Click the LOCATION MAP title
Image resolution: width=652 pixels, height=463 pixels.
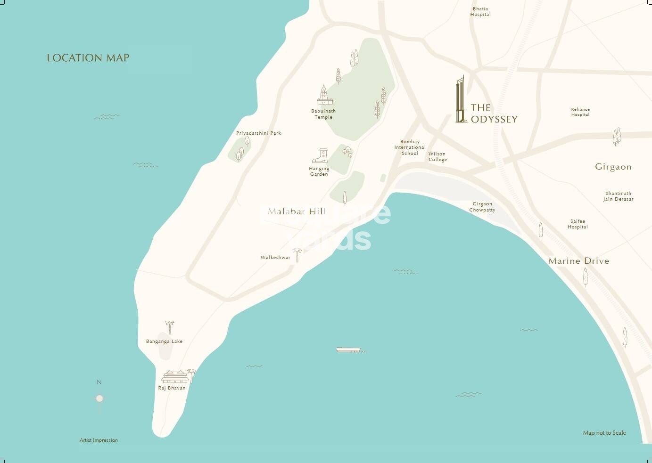88,58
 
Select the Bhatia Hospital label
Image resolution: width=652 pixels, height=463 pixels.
480,12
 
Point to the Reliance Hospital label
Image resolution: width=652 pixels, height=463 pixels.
580,112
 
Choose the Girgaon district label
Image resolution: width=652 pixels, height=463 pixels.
613,167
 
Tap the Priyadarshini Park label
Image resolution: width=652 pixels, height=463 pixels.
258,133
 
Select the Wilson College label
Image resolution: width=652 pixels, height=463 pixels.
437,157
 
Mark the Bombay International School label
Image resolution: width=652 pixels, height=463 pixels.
410,147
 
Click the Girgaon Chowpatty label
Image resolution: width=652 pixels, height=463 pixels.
482,207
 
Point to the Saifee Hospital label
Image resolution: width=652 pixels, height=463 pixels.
578,224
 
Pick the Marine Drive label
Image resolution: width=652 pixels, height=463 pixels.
578,261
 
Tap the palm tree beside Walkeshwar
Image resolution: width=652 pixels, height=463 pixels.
297,255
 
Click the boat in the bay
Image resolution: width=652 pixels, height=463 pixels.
348,349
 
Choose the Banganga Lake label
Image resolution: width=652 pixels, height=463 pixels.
164,341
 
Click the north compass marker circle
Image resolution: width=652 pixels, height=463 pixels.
99,398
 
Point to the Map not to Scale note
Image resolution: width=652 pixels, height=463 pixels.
604,433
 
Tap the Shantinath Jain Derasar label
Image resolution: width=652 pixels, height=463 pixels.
618,196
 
